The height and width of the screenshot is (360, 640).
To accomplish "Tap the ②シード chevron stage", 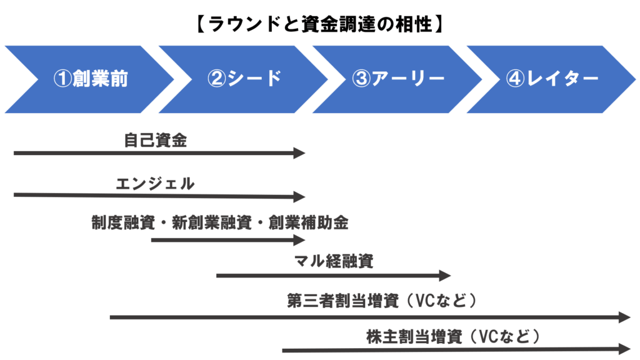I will pyautogui.click(x=244, y=79).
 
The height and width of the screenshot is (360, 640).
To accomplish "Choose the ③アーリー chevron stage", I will pyautogui.click(x=398, y=79).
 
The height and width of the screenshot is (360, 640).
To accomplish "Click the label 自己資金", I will pyautogui.click(x=155, y=141).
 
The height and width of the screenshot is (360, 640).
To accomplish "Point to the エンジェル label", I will pyautogui.click(x=155, y=184).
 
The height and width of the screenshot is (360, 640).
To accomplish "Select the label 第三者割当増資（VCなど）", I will pyautogui.click(x=382, y=301).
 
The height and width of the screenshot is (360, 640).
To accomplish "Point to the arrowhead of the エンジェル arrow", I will pyautogui.click(x=300, y=196).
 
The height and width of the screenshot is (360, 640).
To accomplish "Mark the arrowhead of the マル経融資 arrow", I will pyautogui.click(x=446, y=276).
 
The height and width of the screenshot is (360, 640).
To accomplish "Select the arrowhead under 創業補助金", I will pyautogui.click(x=300, y=239).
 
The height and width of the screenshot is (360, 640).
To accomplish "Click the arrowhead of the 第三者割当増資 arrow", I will pyautogui.click(x=625, y=317).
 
